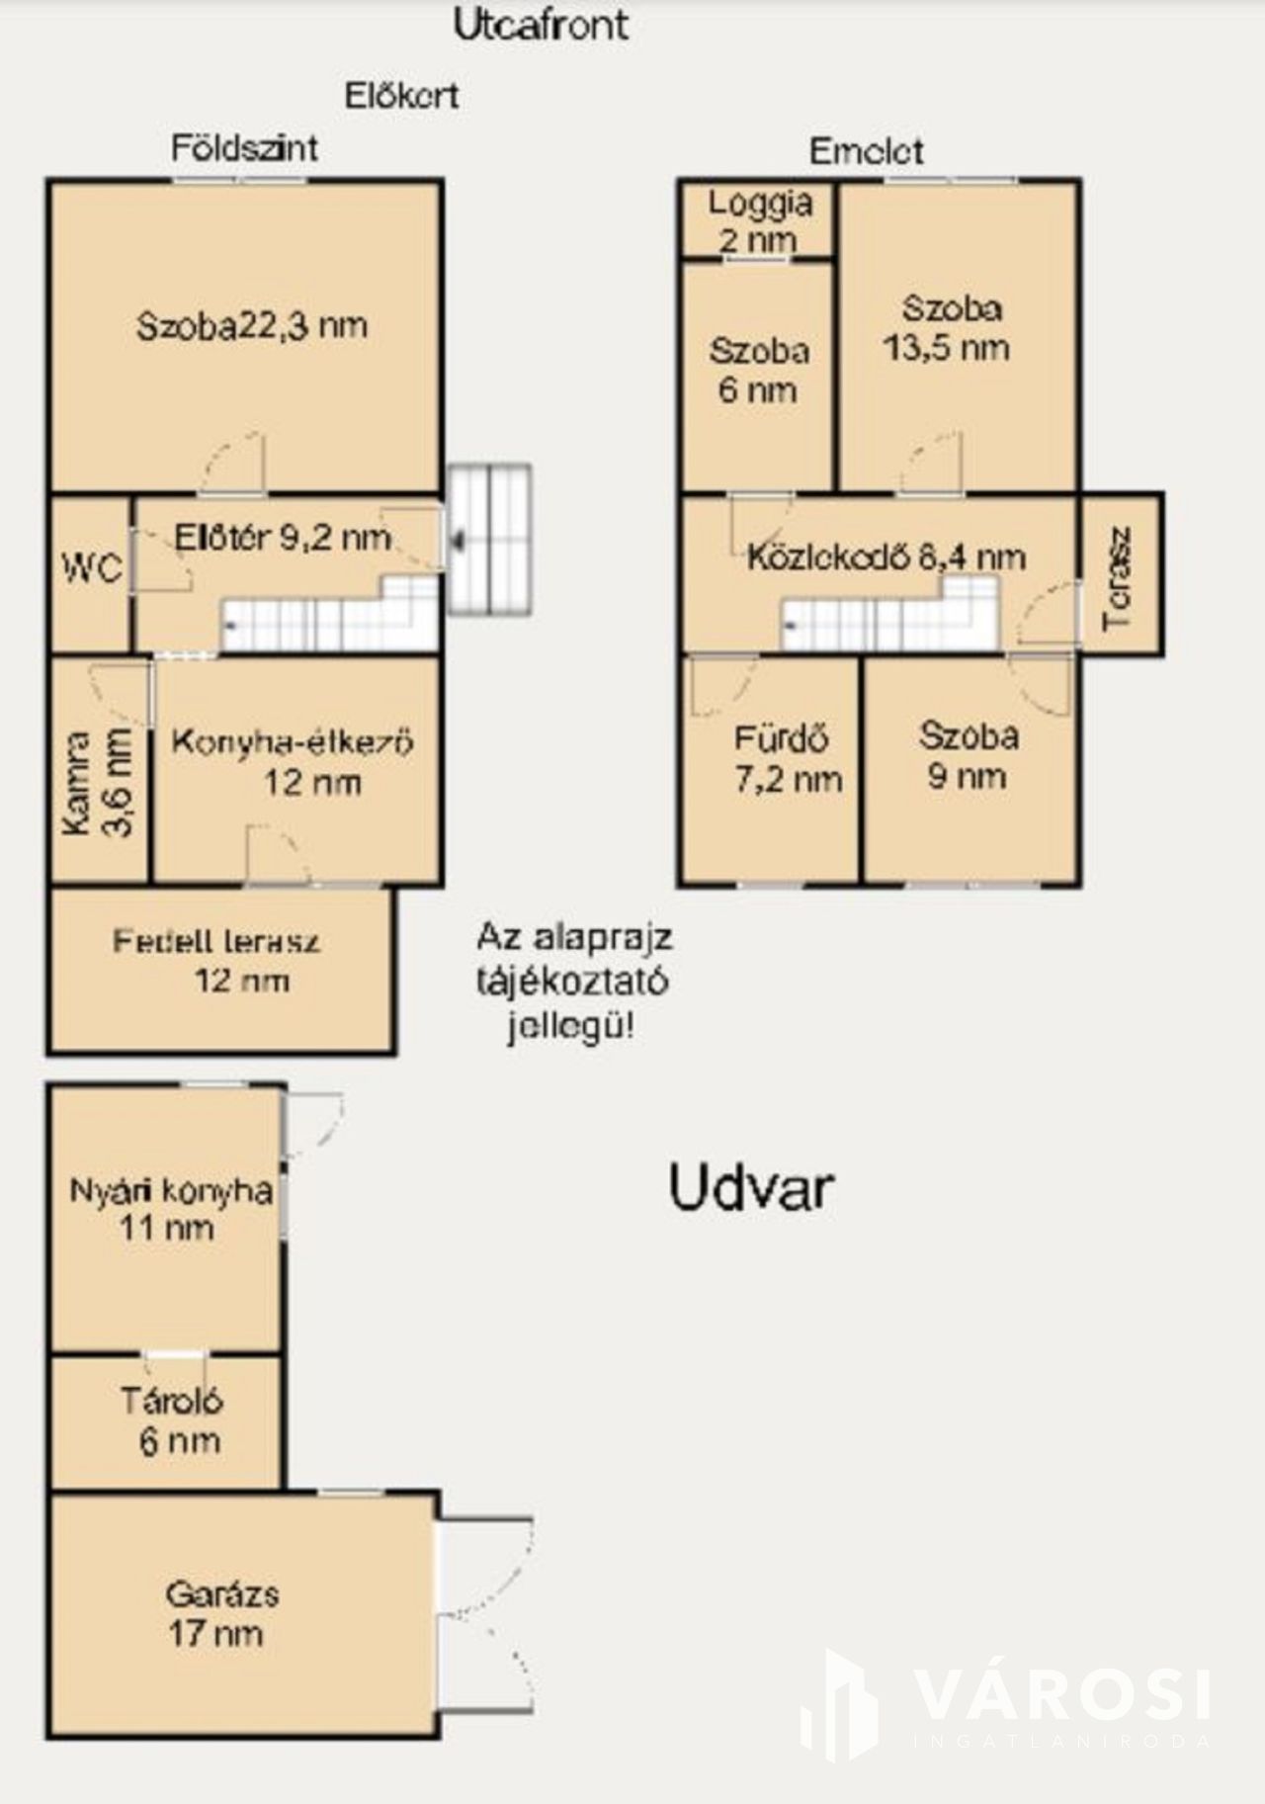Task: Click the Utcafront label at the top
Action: click(x=541, y=25)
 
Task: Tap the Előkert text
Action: click(x=401, y=96)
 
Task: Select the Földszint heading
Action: click(x=245, y=148)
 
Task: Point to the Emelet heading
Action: click(x=867, y=151)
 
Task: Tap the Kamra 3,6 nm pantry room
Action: click(x=100, y=769)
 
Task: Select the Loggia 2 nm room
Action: click(x=759, y=220)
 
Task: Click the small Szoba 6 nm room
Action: click(x=758, y=376)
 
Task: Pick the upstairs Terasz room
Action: click(x=1120, y=574)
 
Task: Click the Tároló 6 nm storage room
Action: click(x=167, y=1421)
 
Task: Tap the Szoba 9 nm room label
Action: click(x=968, y=755)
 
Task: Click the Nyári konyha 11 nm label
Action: click(x=170, y=1208)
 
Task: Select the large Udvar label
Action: click(x=751, y=1187)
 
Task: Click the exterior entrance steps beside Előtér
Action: click(x=490, y=540)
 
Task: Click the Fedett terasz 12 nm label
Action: click(x=216, y=960)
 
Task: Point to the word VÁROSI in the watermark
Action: click(x=1062, y=1694)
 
